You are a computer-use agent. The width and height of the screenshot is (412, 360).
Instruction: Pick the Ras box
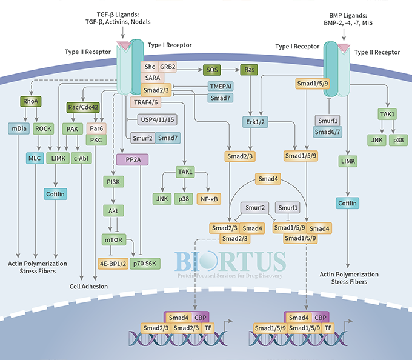click(x=249, y=70)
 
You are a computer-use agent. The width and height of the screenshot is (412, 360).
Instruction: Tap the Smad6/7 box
click(x=327, y=130)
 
